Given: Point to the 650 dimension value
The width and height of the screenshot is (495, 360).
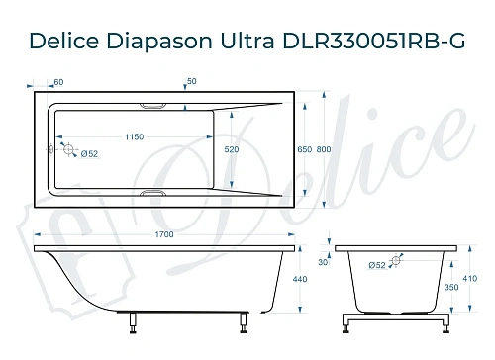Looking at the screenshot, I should tap(305, 149).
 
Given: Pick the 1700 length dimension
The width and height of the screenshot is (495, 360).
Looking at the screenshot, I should tap(164, 234).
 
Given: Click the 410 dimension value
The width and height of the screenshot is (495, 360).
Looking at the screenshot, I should tap(471, 278).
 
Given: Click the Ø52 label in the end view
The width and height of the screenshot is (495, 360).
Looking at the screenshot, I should tap(377, 265).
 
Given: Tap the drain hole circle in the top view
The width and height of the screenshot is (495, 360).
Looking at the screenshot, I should tap(69, 149).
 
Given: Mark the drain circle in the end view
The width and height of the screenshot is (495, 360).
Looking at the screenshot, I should tap(396, 262).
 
